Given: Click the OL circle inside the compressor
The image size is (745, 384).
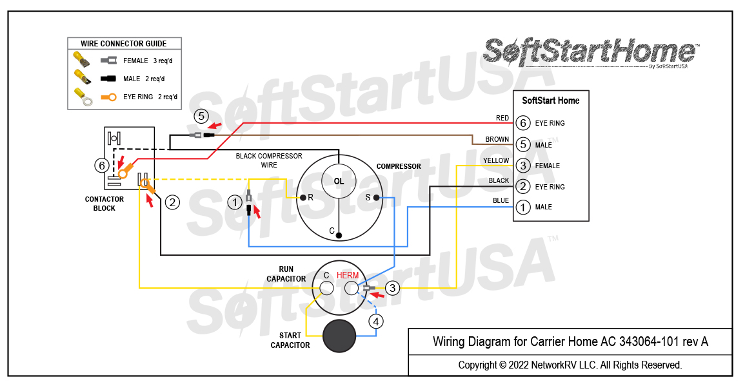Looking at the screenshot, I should point(339,181).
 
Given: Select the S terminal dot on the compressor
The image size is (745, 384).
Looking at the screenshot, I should point(377,198).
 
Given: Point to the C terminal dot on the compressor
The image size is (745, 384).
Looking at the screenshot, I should point(339,236).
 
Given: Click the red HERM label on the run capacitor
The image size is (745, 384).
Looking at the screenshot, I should point(348,275).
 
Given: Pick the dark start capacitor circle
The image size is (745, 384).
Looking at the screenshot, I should point(339,336).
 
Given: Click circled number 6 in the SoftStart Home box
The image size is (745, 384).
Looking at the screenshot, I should point(523,123).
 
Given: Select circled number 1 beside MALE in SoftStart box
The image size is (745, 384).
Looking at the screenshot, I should point(523,207).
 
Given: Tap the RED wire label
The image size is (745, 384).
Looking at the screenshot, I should point(502,118).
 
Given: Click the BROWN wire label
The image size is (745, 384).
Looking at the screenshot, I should point(497,139).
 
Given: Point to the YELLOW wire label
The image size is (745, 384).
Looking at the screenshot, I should point(495,160).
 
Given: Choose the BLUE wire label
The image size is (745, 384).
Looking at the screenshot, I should point(501,200).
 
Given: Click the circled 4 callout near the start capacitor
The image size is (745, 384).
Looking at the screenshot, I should point(376,320).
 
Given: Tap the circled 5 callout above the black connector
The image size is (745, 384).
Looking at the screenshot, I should point(201,117).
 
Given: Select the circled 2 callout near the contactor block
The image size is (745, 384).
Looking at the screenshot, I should point(172,202).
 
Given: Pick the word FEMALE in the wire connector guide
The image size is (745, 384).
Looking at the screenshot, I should point(135,61).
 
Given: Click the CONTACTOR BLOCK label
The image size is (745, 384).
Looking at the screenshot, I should point(104,204).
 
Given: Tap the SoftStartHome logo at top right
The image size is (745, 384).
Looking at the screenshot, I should point(590,52).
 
